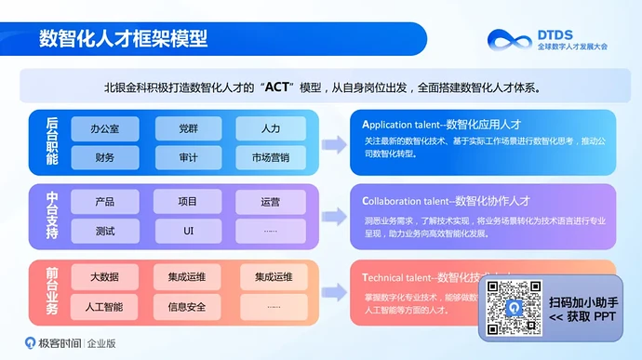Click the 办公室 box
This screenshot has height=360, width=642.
(x=104, y=127)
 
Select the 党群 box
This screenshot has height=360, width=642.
(x=188, y=127)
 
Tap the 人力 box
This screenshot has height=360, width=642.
(x=271, y=127)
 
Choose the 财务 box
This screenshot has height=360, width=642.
(x=104, y=157)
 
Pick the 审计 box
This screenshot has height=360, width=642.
(x=188, y=157)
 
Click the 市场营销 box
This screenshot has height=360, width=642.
(x=271, y=157)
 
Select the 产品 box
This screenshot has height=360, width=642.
(x=104, y=201)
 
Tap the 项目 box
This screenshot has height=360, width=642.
(x=188, y=201)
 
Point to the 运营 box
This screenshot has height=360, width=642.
(x=271, y=201)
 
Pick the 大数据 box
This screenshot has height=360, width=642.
(x=104, y=276)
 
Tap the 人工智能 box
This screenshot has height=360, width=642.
(x=104, y=305)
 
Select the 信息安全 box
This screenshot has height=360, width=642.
(x=188, y=305)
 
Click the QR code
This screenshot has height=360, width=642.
(x=514, y=307)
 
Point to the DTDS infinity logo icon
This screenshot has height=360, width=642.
(x=510, y=40)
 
